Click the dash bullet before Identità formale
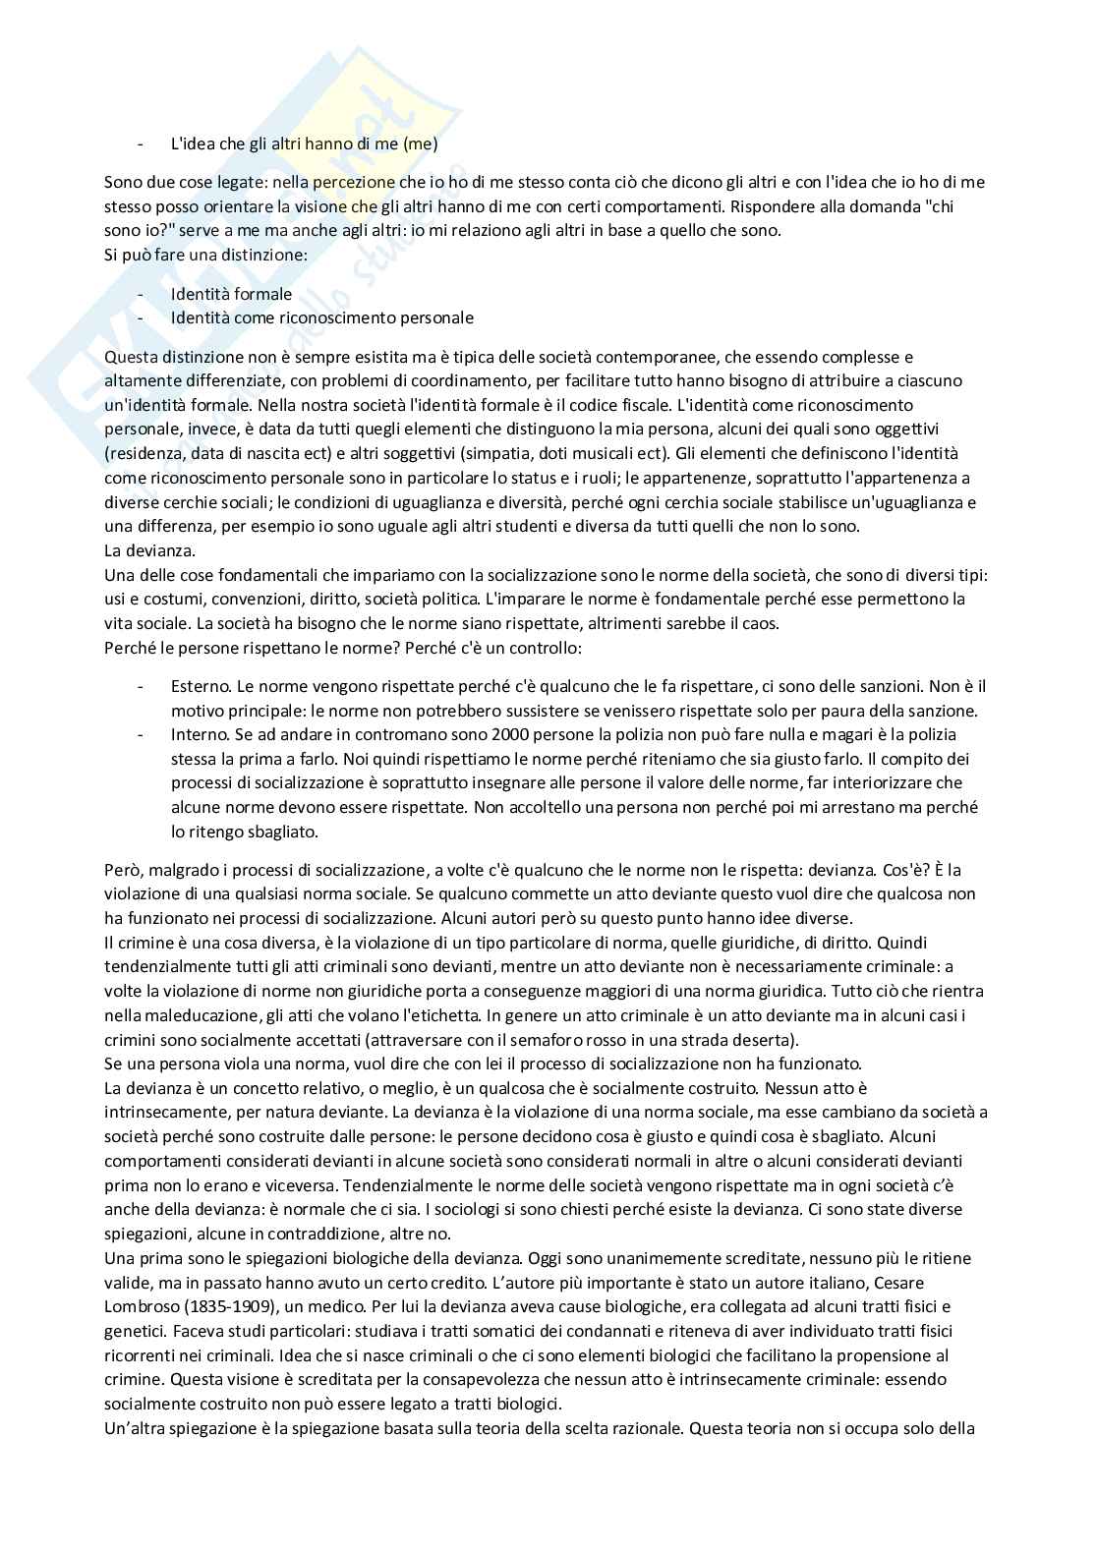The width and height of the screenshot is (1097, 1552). click(x=140, y=294)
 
